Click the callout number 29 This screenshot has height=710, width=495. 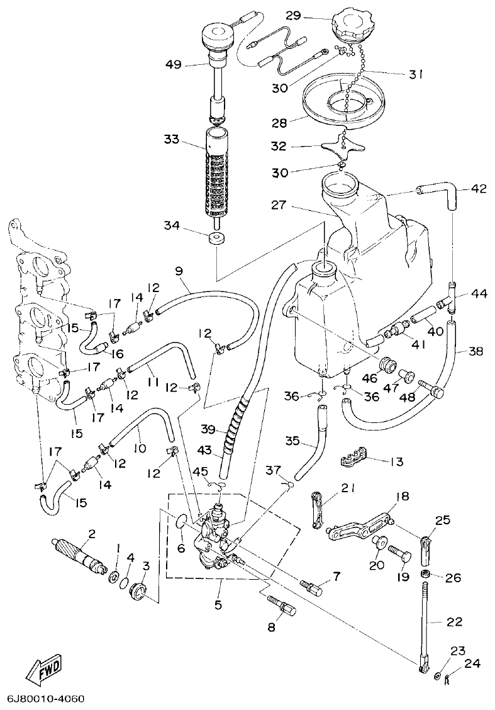point(310,16)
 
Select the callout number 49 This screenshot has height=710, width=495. point(174,64)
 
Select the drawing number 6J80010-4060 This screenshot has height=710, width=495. point(46,699)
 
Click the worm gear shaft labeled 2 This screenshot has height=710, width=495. point(79,553)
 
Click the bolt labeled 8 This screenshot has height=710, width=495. point(284,609)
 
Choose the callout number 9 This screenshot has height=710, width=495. point(179,271)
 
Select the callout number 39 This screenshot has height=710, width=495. point(207,429)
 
